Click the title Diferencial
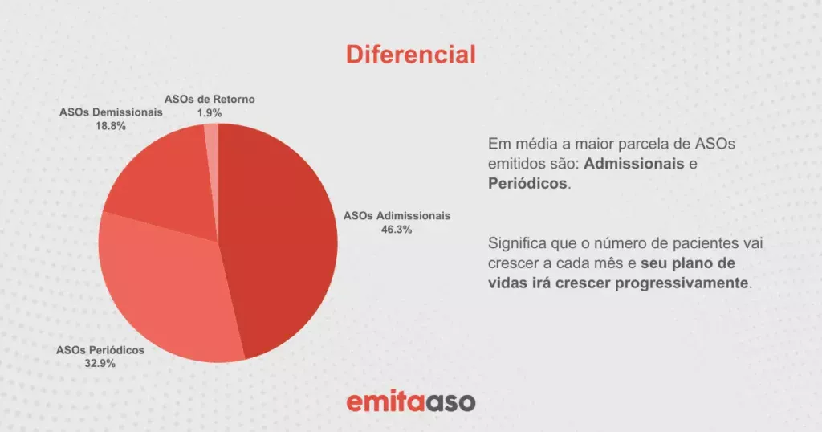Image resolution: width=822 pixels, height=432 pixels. tap(410, 55)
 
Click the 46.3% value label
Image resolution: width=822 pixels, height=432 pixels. tap(397, 230)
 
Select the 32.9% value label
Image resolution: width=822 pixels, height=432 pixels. tap(100, 363)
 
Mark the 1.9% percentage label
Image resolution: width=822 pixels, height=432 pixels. tap(210, 113)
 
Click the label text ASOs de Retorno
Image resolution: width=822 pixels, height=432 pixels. tap(210, 100)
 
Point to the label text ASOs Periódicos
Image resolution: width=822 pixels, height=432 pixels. tap(100, 350)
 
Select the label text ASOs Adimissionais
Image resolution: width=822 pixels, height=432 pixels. tap(397, 216)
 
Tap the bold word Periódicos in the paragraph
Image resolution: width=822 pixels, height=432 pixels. tap(527, 183)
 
